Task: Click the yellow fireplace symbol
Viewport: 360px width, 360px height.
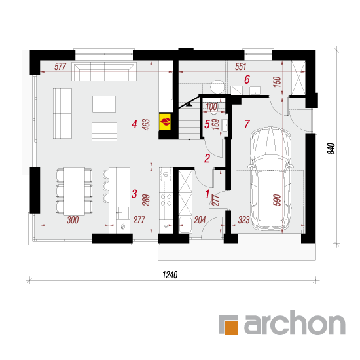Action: point(166,121)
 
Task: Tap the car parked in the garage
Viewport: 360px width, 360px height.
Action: point(271,179)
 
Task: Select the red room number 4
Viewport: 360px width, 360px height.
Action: point(134,124)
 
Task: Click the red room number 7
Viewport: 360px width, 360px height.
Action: point(247,124)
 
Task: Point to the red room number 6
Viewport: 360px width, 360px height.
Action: point(247,80)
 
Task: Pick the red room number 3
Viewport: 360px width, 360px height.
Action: point(134,194)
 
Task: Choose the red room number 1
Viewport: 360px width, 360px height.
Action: point(207,194)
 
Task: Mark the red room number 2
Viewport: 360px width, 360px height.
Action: point(207,158)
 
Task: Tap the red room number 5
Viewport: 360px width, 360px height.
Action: point(207,124)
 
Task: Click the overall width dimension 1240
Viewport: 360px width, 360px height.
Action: point(170,275)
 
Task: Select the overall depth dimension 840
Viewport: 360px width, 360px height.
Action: point(331,149)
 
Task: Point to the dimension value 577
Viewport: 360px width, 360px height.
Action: point(60,67)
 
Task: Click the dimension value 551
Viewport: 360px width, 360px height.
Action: point(241,67)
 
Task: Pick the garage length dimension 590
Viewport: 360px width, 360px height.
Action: point(277,200)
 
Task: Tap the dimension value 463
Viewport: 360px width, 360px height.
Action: point(146,124)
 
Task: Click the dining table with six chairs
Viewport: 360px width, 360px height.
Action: point(75,191)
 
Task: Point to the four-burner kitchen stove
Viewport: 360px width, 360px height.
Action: point(166,200)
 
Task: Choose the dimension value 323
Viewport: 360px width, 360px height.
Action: point(244,220)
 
